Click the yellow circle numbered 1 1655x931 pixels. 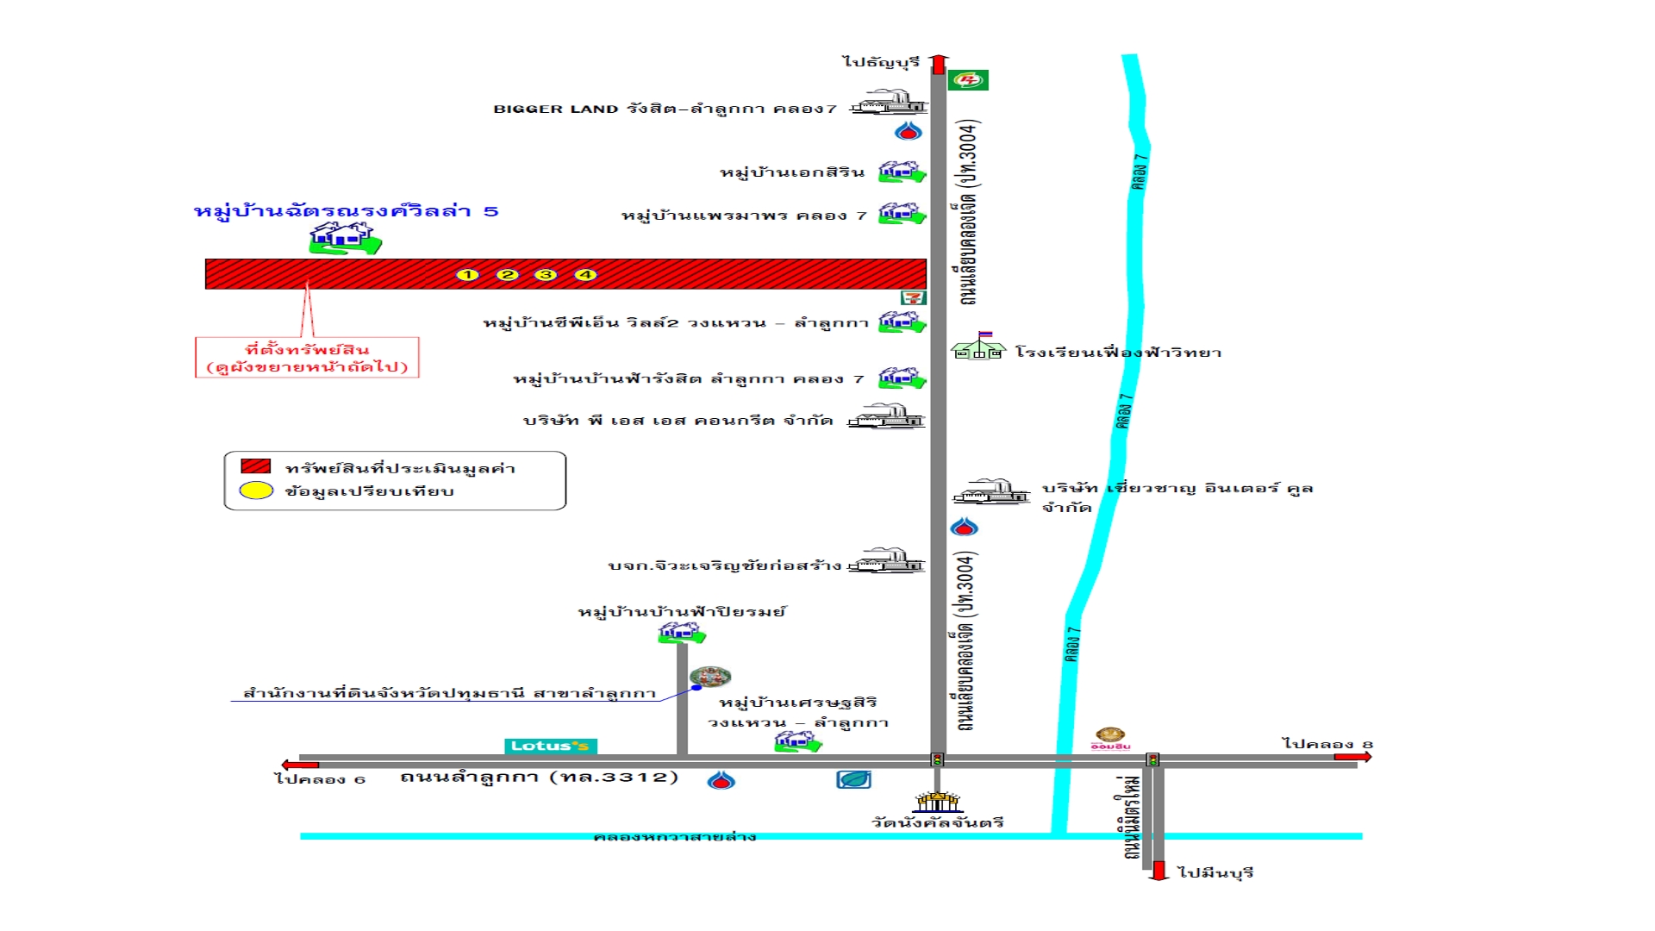467,275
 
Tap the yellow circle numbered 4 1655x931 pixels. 585,275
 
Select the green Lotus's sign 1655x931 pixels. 550,747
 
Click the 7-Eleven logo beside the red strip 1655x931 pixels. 913,297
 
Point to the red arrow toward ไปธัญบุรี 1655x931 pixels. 939,65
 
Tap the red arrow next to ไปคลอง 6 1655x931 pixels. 300,765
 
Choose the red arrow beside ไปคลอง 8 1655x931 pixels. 1352,757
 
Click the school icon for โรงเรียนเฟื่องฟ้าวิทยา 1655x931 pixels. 978,347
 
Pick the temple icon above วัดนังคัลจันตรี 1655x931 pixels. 938,803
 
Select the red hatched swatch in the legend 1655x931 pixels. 256,466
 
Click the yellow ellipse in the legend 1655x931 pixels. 256,491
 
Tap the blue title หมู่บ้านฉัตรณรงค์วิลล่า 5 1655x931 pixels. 346,211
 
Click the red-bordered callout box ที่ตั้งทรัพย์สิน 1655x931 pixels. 307,358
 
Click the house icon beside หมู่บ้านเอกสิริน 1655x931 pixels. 901,172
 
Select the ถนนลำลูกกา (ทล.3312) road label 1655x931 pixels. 540,778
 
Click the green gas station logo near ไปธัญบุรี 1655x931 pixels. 968,80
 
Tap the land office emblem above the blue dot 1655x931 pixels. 710,677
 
